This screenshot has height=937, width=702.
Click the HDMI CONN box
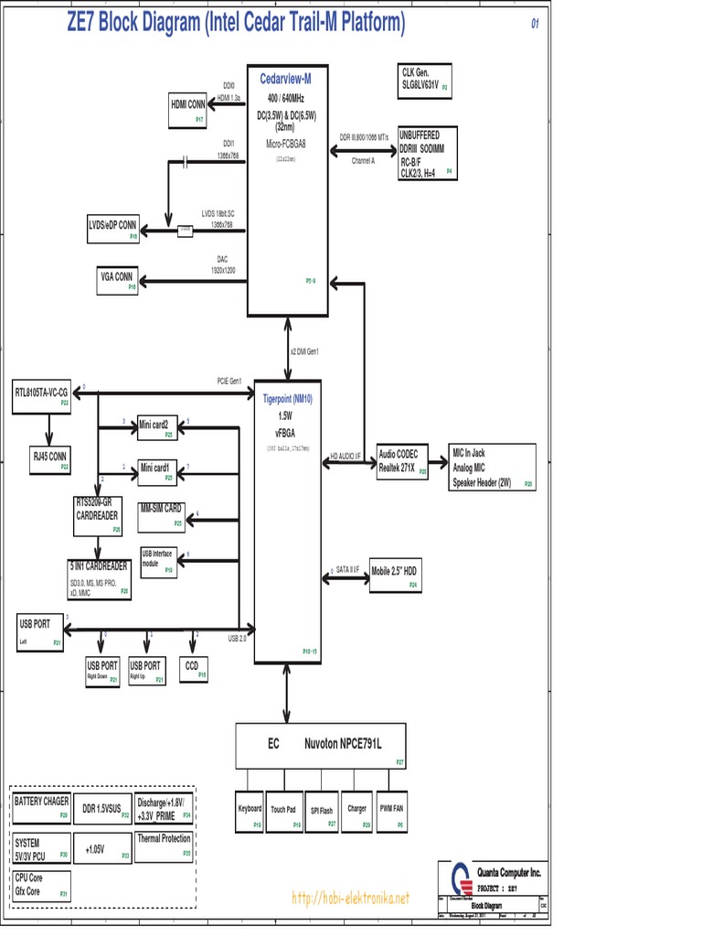(x=188, y=110)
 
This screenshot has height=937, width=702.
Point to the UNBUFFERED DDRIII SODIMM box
(x=425, y=152)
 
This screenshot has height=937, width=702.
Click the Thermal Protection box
(x=165, y=844)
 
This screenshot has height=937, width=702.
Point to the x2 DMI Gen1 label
(x=304, y=351)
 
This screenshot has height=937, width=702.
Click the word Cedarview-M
(x=286, y=80)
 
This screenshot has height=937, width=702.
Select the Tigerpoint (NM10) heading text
(x=287, y=399)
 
